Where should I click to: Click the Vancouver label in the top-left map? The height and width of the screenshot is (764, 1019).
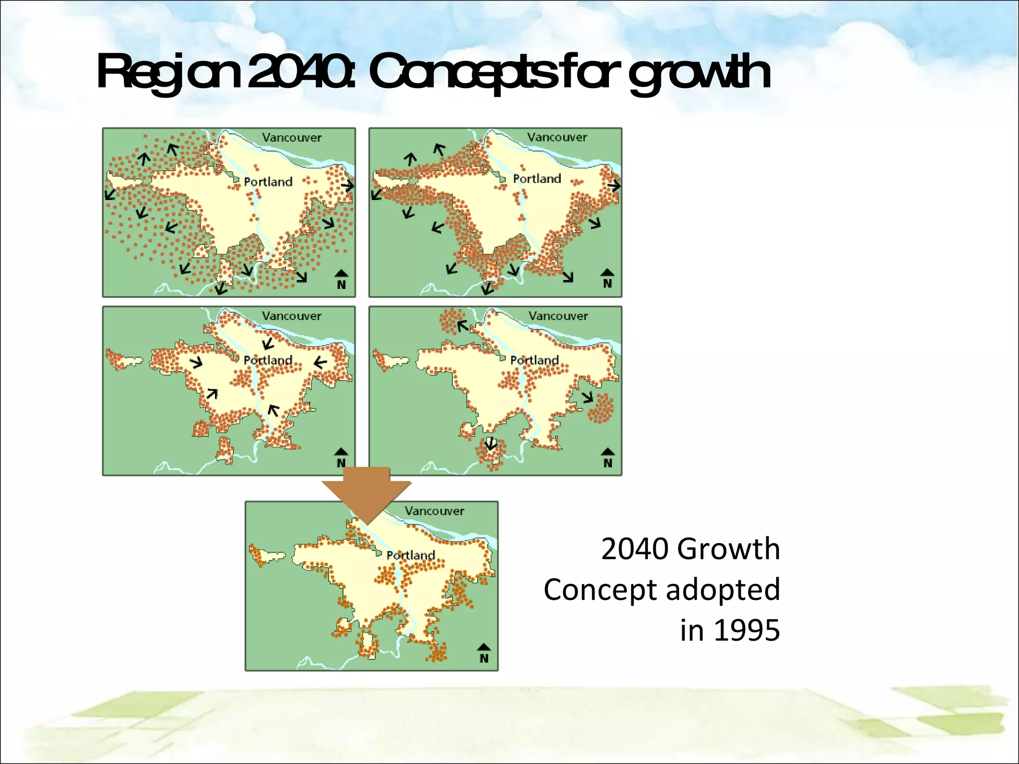[x=292, y=138]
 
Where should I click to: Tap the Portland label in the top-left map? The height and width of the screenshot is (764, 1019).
[x=268, y=182]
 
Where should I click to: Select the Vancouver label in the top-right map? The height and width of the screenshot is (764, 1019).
[x=557, y=137]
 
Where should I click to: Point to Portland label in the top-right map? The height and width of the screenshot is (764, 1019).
[x=536, y=179]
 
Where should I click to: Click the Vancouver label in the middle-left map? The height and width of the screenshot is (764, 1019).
[x=292, y=316]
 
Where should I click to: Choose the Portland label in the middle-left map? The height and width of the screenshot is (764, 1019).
[x=268, y=360]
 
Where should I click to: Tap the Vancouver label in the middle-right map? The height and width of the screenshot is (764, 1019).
[x=558, y=316]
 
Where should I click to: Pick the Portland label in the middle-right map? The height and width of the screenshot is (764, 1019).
[x=534, y=360]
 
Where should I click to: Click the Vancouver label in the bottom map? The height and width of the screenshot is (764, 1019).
[x=434, y=511]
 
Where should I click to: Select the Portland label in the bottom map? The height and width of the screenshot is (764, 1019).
[x=410, y=555]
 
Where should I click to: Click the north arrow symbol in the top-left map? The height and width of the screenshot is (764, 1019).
[x=341, y=280]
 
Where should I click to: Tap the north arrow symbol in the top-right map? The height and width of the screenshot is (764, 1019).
[x=607, y=279]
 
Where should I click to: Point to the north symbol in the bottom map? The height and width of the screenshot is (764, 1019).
[x=484, y=653]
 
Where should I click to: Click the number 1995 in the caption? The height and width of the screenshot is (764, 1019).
[x=747, y=630]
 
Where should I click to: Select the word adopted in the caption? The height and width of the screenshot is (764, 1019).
[x=722, y=590]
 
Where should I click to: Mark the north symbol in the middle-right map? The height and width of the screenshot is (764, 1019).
[x=608, y=458]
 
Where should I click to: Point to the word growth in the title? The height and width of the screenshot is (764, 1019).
[x=700, y=75]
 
